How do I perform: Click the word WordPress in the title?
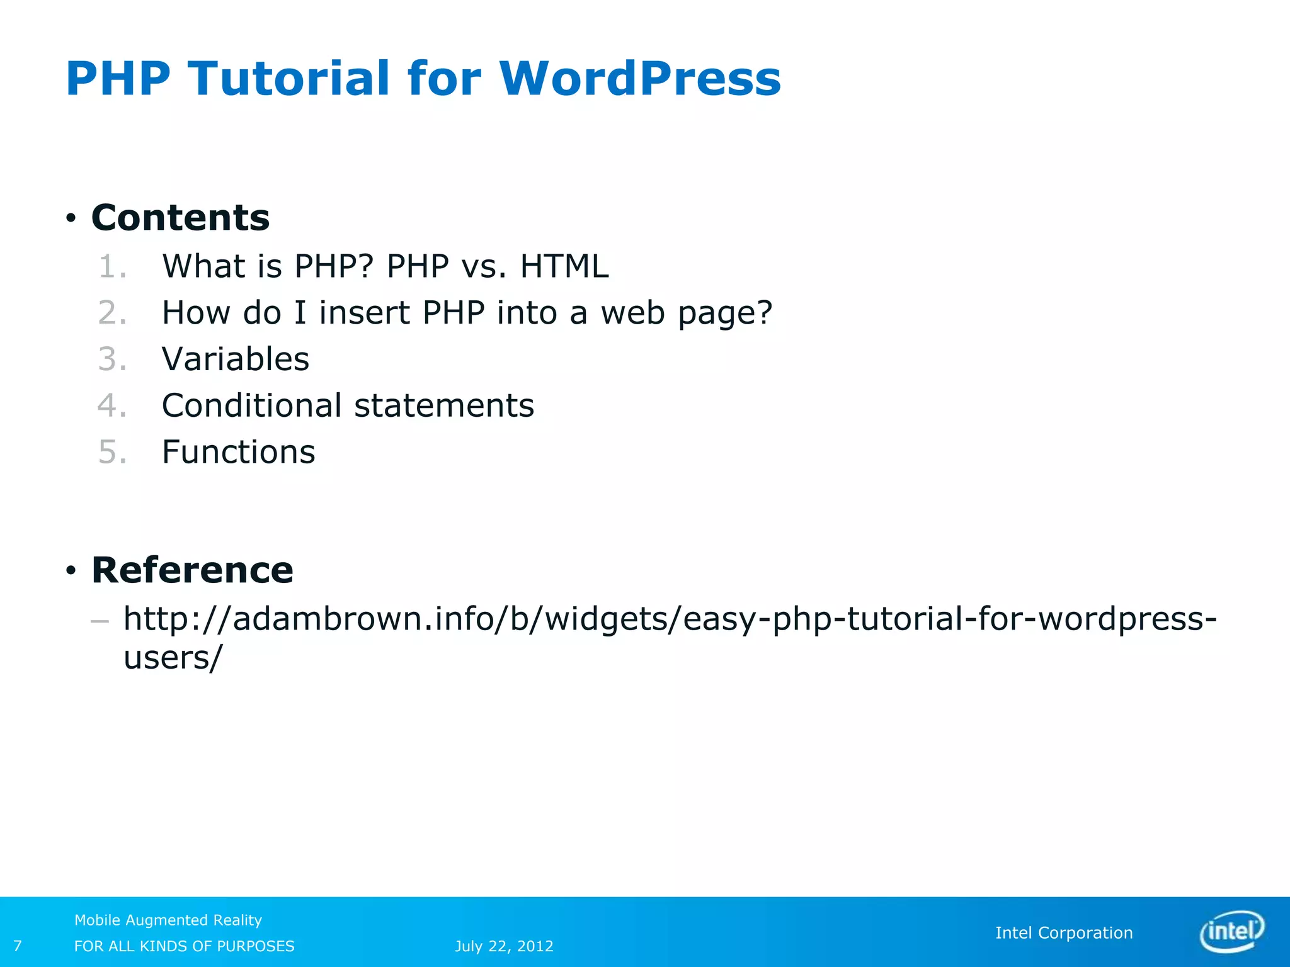click(x=640, y=79)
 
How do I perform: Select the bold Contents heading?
click(x=180, y=218)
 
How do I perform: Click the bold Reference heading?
click(x=192, y=570)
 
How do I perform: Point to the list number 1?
click(x=111, y=266)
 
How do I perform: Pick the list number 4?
click(x=111, y=405)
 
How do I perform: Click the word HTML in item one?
click(x=564, y=266)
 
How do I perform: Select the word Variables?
click(x=236, y=359)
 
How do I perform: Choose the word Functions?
click(x=238, y=452)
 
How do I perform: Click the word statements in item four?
click(x=443, y=405)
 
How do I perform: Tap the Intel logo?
click(x=1231, y=931)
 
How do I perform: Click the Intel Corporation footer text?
click(x=1063, y=933)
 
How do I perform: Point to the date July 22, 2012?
click(x=504, y=946)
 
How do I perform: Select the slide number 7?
click(x=18, y=946)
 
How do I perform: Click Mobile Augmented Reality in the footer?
click(x=168, y=920)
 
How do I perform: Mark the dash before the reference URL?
click(x=100, y=621)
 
